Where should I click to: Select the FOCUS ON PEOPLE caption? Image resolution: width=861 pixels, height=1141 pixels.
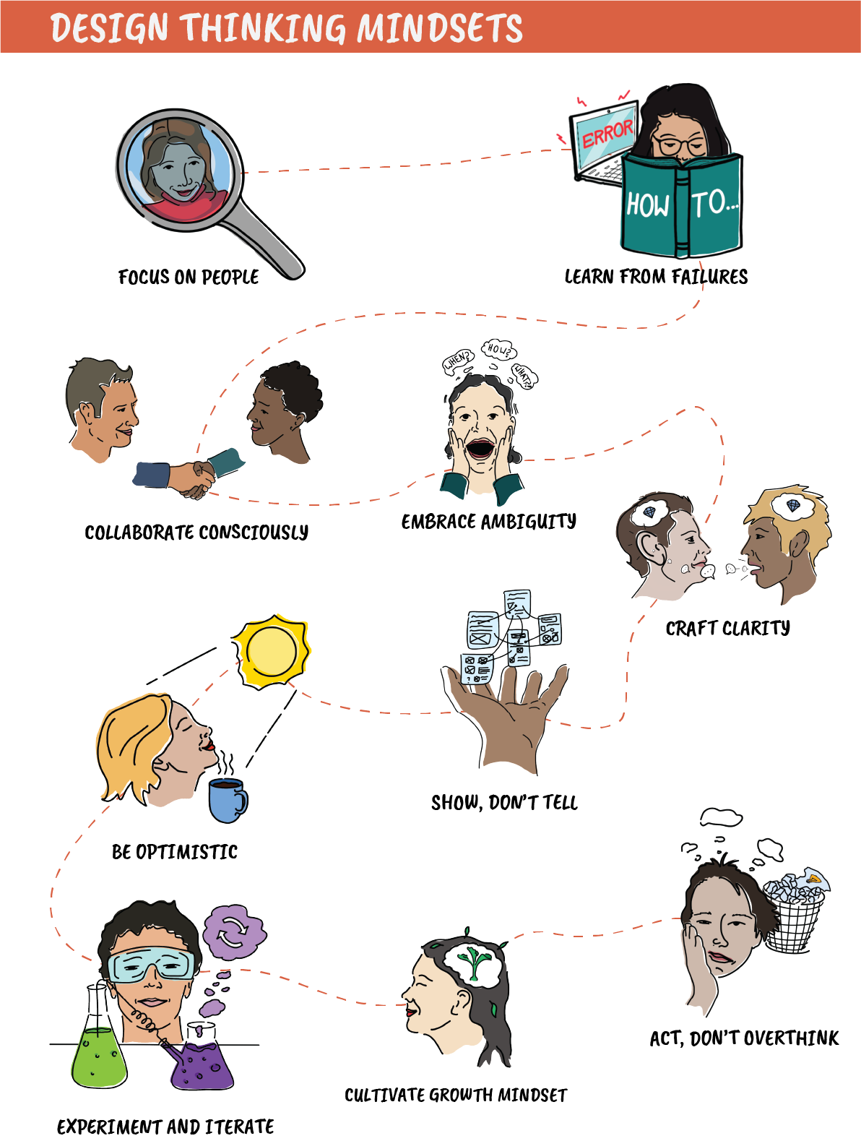click(189, 277)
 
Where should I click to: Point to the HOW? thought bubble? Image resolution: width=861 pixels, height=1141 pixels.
click(498, 350)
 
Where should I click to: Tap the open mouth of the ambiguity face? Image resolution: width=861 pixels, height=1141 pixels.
click(479, 449)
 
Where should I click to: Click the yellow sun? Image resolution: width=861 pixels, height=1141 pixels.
click(271, 650)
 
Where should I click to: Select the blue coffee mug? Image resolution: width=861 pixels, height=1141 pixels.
click(226, 800)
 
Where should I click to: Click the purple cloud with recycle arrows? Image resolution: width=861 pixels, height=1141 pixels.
click(233, 932)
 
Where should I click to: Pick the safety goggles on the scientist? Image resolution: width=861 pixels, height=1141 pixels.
click(152, 965)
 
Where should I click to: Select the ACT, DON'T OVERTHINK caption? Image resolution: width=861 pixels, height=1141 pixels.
click(744, 1038)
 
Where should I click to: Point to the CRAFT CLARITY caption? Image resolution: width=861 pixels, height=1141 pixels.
click(727, 628)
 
